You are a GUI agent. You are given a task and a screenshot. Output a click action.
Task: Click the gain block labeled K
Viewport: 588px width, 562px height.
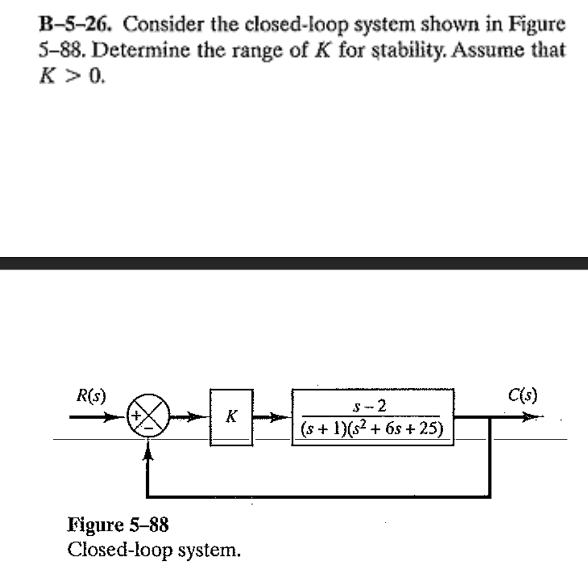point(231,417)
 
